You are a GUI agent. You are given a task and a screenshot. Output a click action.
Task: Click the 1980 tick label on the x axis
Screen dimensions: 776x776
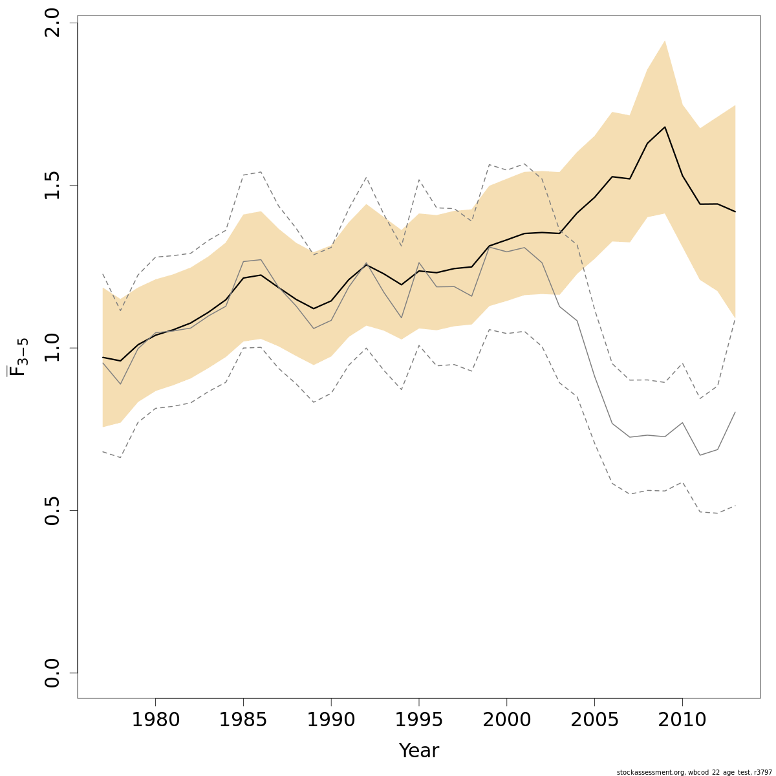coord(155,720)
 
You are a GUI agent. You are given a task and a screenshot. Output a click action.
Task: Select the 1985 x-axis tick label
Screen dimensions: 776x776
coord(243,720)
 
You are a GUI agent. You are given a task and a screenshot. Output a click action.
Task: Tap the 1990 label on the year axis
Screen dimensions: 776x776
coord(331,720)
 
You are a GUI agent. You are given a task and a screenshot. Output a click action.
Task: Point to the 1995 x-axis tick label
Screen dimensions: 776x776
coord(419,720)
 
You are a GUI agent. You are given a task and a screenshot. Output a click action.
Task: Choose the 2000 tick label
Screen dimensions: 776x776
coord(506,720)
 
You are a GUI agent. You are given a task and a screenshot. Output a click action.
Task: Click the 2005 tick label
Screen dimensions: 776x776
coord(594,720)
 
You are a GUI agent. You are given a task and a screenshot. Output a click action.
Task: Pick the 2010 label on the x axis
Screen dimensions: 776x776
coord(682,720)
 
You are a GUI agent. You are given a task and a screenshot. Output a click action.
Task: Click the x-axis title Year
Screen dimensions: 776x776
coord(419,751)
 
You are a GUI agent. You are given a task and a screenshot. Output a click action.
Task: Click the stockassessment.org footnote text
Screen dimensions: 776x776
coord(694,772)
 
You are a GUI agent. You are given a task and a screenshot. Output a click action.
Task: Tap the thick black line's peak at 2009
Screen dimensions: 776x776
coord(665,127)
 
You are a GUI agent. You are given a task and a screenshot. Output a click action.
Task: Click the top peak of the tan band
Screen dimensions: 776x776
coord(665,41)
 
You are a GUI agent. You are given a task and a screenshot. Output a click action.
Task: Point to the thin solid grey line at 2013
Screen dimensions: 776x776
coord(735,412)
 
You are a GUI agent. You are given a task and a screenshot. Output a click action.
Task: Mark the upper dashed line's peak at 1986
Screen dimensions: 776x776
coord(261,172)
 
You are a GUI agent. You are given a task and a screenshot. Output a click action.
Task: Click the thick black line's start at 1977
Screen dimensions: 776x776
coord(103,357)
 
